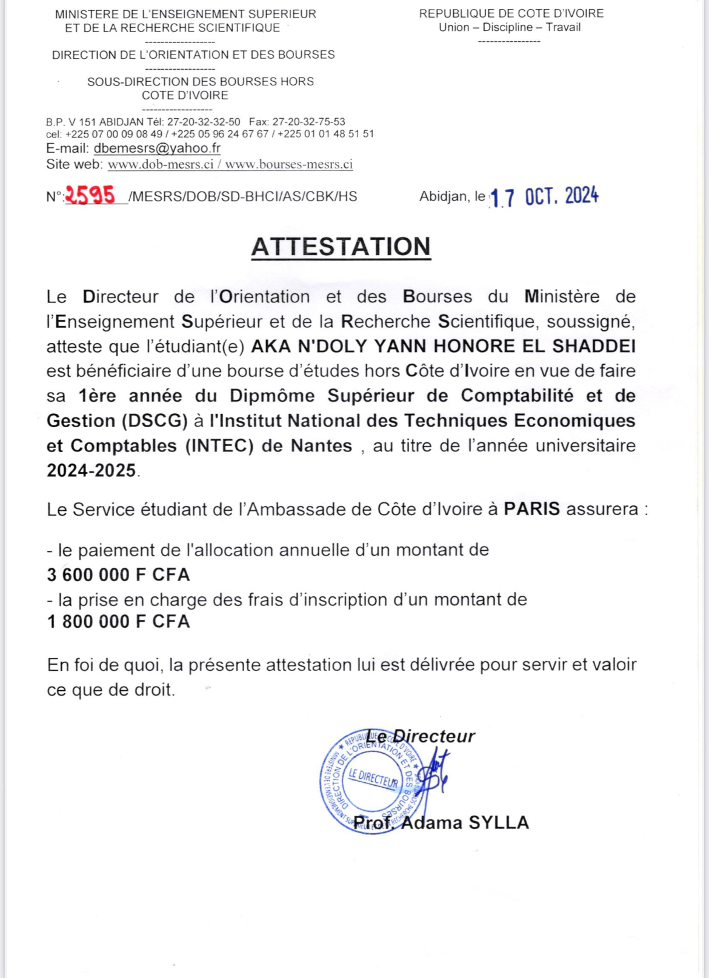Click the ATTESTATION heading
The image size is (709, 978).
click(x=341, y=247)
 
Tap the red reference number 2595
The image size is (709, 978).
click(x=90, y=195)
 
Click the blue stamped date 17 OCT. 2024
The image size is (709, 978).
click(x=544, y=196)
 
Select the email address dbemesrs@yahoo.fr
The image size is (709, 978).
click(x=157, y=148)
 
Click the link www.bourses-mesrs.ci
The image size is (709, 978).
click(x=289, y=164)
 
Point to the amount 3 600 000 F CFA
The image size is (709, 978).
click(x=119, y=574)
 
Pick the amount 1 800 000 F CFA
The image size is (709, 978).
click(x=119, y=622)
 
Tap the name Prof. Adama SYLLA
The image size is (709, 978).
click(x=441, y=822)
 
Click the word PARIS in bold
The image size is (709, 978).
click(x=532, y=508)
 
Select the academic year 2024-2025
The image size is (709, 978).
click(x=92, y=470)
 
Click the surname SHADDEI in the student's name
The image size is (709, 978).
click(x=594, y=346)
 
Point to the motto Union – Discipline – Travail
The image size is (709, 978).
click(x=510, y=27)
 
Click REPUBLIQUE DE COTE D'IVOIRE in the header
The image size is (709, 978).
click(x=511, y=13)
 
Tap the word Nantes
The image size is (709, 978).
click(x=321, y=445)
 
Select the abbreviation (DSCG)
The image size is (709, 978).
click(x=155, y=421)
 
